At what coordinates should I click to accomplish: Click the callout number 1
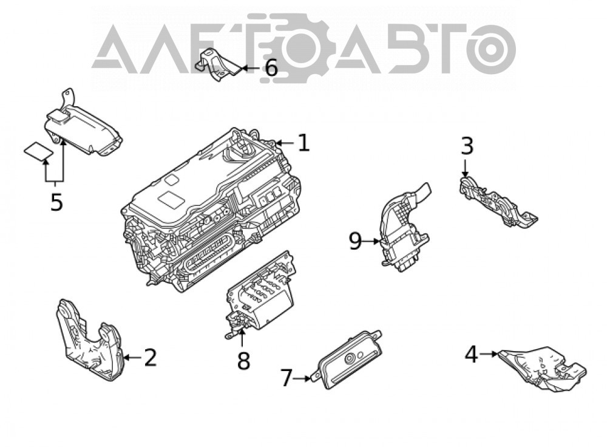(304, 143)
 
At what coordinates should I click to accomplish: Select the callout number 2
(150, 357)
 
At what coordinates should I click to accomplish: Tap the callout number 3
(467, 146)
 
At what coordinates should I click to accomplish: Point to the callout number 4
(471, 355)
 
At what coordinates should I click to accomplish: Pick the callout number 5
(56, 202)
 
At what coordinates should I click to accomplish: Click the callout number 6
(271, 68)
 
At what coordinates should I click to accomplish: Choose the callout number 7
(286, 378)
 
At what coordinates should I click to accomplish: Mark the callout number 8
(243, 361)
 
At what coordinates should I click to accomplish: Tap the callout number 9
(355, 241)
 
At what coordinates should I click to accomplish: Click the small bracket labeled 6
(217, 65)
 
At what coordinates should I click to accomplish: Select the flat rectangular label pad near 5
(38, 151)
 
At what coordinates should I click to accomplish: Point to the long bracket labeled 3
(497, 202)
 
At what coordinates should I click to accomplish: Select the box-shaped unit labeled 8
(260, 295)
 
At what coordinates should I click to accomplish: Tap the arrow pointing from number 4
(489, 353)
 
